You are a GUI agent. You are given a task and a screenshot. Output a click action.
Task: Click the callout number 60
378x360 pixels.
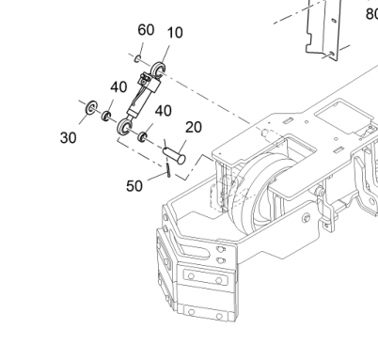(x=146, y=30)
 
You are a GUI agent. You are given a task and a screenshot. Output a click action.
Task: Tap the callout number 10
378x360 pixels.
(x=175, y=33)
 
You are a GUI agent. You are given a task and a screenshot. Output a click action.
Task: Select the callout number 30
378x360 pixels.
(x=68, y=138)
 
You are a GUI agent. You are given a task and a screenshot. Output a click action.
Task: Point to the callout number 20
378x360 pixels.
(x=194, y=127)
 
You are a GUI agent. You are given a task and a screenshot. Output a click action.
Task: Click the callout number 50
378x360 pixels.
(x=134, y=186)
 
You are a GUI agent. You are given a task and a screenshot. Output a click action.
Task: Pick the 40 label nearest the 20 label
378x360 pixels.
(x=164, y=111)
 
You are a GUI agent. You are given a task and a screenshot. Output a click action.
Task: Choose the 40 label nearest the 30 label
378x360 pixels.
(x=118, y=87)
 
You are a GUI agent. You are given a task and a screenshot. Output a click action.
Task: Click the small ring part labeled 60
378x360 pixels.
(x=137, y=58)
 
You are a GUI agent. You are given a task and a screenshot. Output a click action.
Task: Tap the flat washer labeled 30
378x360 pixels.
(x=91, y=108)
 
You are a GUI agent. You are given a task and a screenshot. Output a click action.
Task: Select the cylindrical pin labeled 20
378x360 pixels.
(x=174, y=155)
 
